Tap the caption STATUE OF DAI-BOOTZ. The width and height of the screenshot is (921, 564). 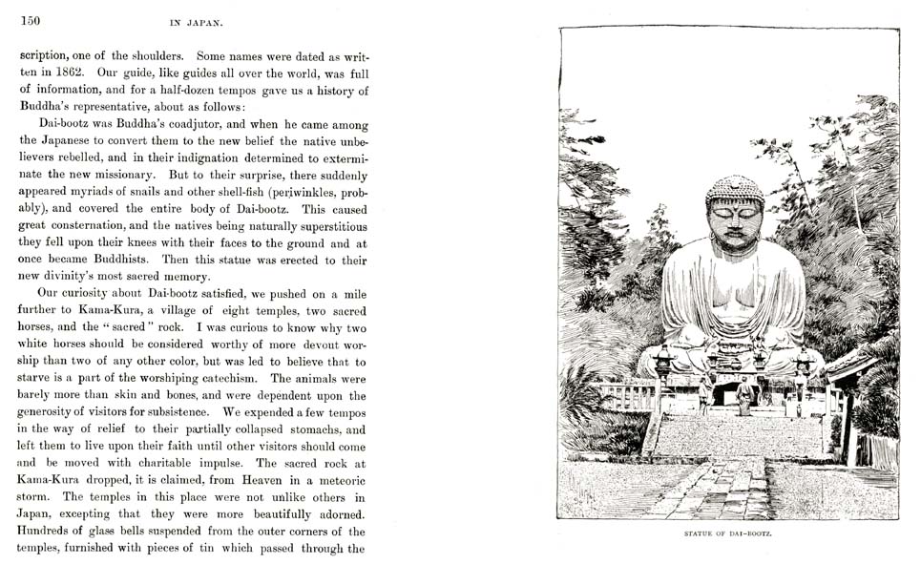[x=729, y=533]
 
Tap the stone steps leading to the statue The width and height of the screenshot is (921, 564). [x=735, y=434]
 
